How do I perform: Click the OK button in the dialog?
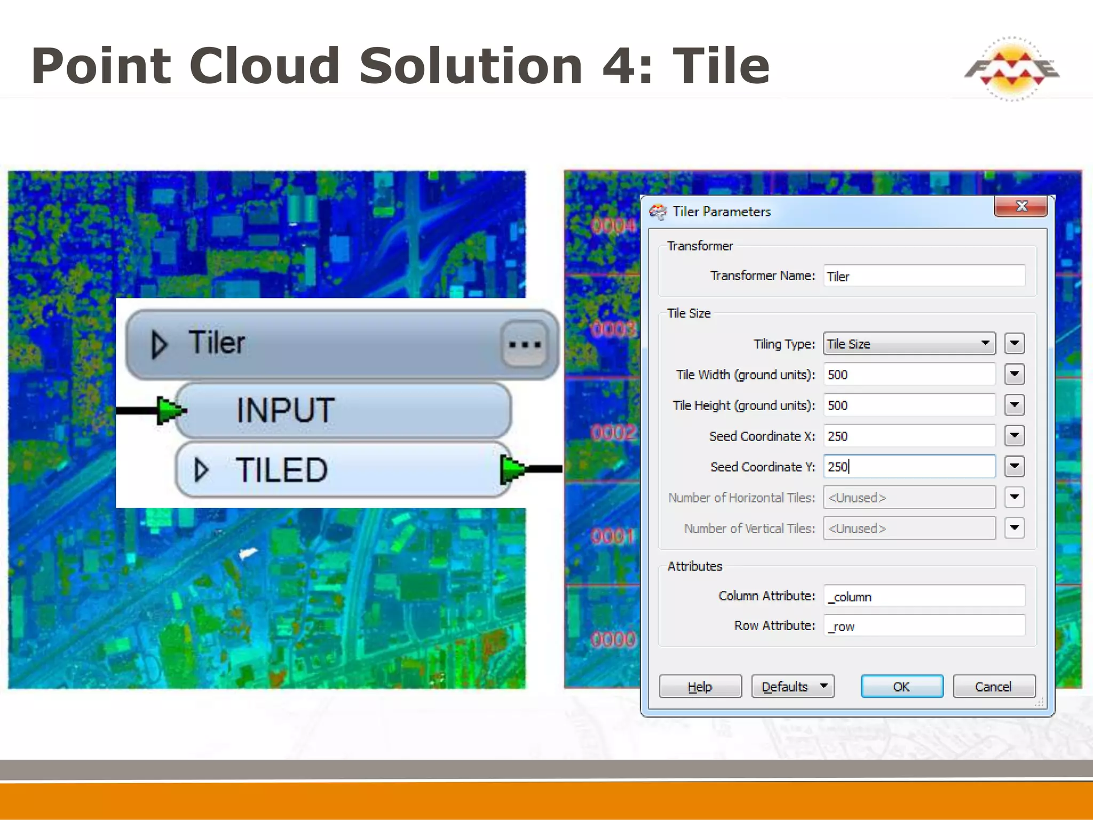click(901, 687)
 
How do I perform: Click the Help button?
click(700, 687)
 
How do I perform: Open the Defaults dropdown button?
click(793, 687)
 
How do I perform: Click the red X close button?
click(1020, 207)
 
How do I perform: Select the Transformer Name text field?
click(924, 276)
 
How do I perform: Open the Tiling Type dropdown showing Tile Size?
click(909, 344)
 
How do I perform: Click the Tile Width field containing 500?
click(909, 374)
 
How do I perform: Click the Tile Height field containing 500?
click(909, 405)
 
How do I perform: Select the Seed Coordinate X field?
click(909, 436)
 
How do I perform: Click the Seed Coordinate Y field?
click(909, 467)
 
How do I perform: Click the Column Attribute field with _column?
click(924, 596)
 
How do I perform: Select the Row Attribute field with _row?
click(924, 626)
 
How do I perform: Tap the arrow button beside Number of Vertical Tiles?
click(1014, 528)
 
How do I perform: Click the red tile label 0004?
click(613, 226)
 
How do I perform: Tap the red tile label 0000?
click(613, 639)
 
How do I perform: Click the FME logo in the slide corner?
click(1011, 69)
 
